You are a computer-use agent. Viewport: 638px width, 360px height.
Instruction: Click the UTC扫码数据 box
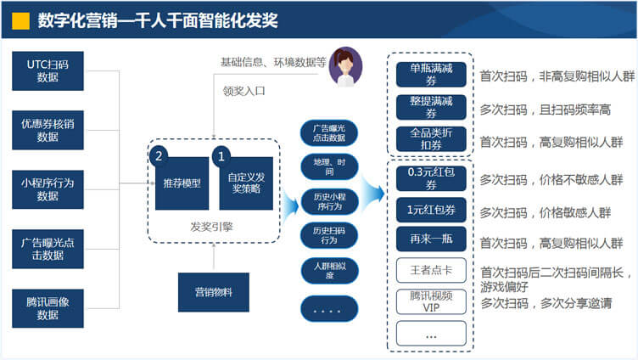48,70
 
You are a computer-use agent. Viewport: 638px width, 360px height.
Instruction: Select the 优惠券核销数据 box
48,130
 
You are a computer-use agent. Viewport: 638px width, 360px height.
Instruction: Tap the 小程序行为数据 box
48,189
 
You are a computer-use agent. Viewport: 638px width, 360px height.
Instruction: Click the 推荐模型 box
182,183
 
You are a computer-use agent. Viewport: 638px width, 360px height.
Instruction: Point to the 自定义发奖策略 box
246,183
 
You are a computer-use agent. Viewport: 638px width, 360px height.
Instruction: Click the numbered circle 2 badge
159,156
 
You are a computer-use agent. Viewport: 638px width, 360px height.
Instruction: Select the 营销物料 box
213,292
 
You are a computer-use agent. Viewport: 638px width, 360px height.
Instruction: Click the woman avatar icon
345,66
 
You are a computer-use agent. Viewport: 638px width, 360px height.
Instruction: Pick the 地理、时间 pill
329,166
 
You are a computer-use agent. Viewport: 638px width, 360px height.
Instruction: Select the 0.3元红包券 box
431,179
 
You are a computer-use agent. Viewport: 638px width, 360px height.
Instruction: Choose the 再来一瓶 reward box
431,243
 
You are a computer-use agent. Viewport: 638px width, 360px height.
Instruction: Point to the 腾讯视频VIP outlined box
431,301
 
